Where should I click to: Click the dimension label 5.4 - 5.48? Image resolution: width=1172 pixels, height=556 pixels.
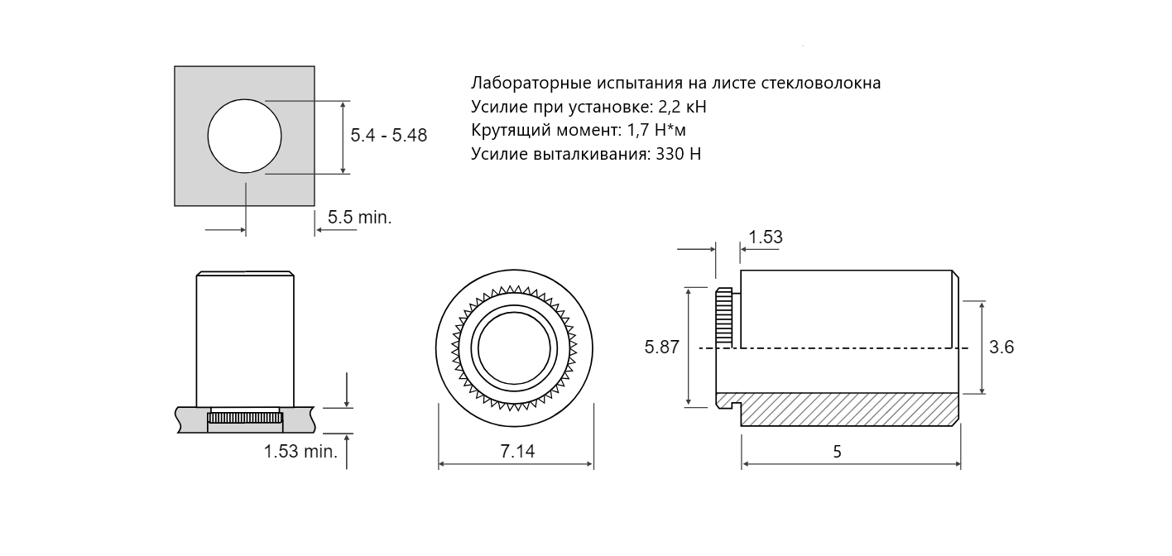389,136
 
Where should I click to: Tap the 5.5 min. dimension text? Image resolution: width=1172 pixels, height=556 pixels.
360,217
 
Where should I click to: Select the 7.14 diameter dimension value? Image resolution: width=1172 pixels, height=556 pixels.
517,451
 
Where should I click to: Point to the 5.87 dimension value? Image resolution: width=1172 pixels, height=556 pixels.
662,347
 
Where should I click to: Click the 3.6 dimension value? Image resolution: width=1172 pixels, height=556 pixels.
1001,347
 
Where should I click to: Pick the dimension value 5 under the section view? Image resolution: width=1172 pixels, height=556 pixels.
837,452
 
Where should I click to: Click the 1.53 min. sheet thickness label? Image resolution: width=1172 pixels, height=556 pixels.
300,452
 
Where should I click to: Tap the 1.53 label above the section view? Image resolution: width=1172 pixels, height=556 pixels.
766,237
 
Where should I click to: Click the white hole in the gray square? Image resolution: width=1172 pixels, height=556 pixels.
244,136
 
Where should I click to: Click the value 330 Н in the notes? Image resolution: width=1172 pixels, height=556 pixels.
678,154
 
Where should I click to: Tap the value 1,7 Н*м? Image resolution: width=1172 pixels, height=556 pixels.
656,130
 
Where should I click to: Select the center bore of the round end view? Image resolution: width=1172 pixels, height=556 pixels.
514,348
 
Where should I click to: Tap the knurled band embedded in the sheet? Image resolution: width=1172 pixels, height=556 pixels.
245,418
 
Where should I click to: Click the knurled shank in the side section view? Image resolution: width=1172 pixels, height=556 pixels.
724,317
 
